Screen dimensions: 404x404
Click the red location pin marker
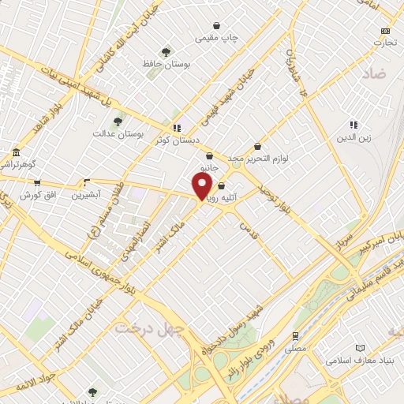coord(202,185)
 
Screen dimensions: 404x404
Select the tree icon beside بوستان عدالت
coord(118,122)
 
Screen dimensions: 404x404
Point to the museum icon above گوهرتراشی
coord(16,152)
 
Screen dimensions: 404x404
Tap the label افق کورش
coord(37,194)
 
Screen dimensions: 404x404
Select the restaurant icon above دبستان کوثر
coord(177,127)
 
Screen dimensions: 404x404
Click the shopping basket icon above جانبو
coord(209,156)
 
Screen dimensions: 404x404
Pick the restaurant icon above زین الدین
coord(354,125)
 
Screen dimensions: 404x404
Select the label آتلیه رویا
coord(216,199)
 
